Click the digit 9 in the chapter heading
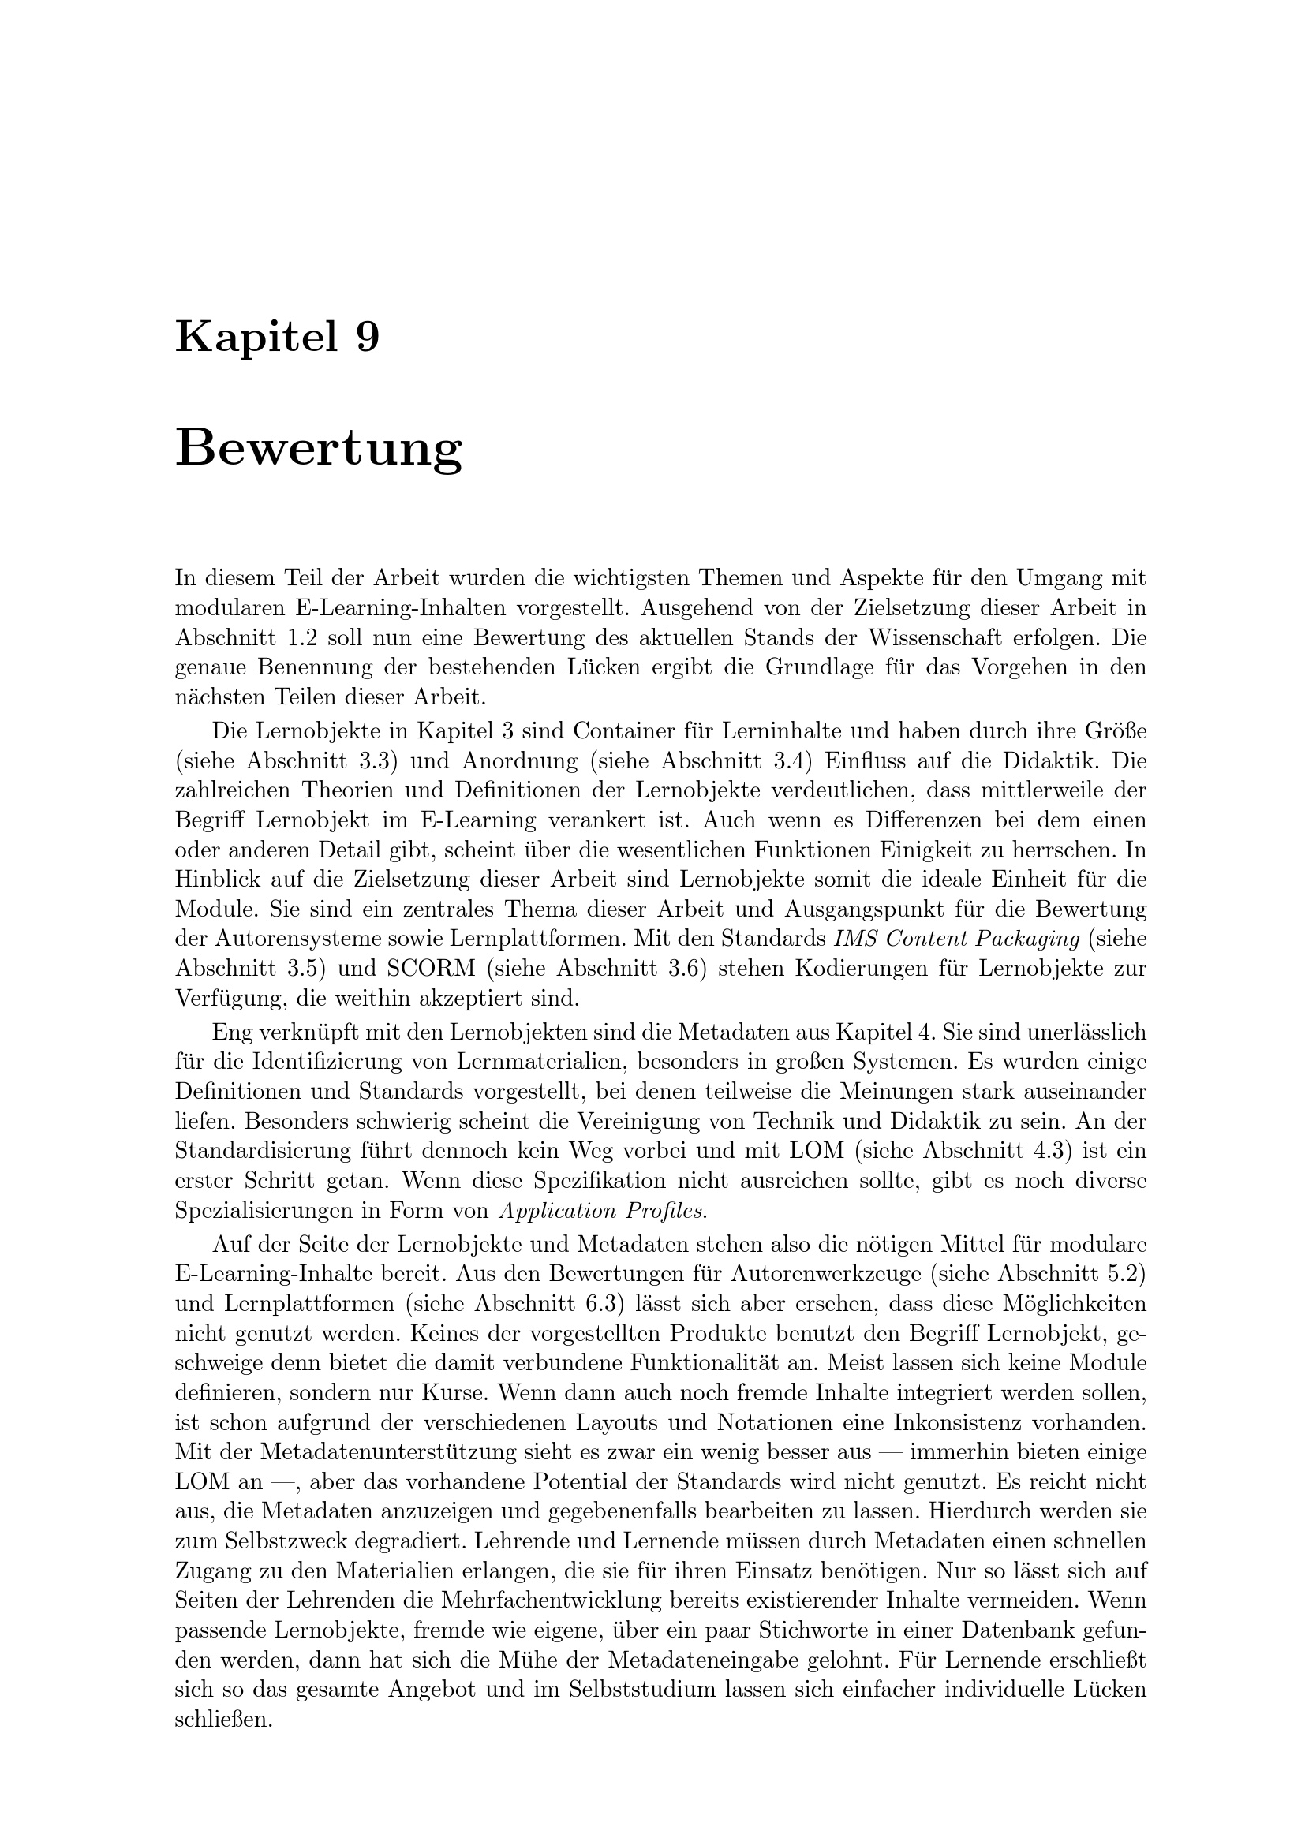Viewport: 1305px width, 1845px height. [x=366, y=337]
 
